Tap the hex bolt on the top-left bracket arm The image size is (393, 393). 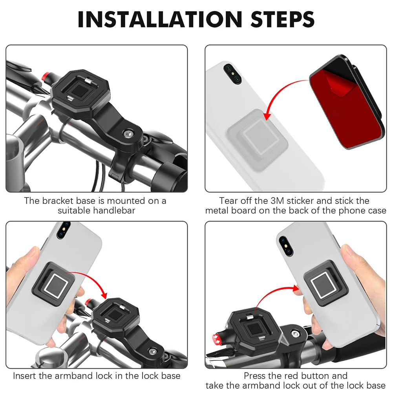(x=129, y=134)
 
